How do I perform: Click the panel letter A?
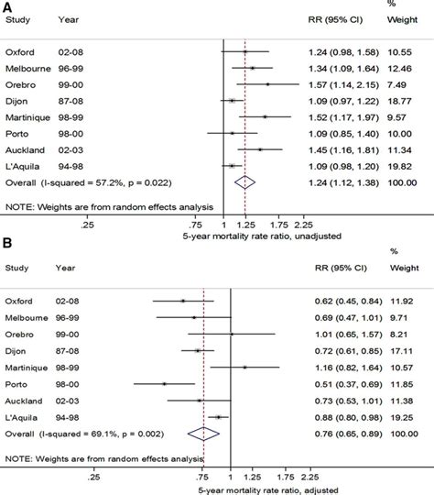(6, 7)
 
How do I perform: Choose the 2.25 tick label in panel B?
(309, 476)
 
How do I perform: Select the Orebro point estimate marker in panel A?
(267, 83)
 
